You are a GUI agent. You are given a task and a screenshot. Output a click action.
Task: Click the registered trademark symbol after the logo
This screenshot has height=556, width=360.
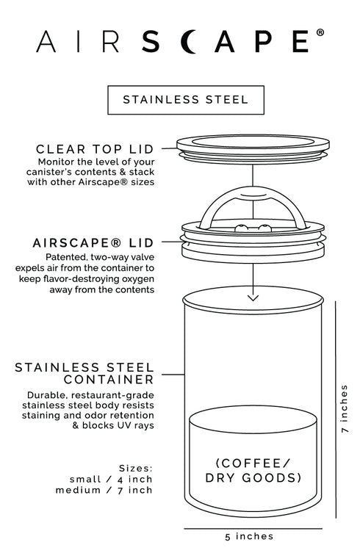coord(320,33)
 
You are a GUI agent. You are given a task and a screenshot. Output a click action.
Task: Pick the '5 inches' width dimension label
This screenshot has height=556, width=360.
coord(249,537)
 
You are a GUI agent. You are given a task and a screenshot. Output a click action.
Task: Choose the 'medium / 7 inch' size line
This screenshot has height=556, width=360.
coord(104,490)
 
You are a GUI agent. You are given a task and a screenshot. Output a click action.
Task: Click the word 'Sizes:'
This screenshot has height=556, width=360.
coord(135,466)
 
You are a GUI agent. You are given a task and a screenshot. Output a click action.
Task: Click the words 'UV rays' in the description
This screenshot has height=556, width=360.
coord(135,426)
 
